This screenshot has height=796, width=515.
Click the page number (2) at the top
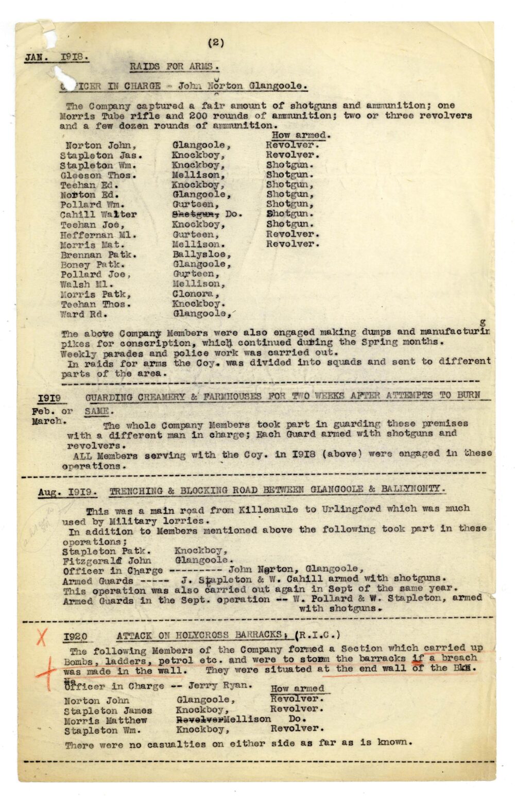pos(216,43)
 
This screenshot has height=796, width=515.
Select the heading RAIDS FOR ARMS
pos(174,66)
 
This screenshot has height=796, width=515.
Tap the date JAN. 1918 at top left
pos(56,57)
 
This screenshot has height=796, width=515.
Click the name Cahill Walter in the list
pos(98,215)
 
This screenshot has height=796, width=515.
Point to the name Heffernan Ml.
pos(98,235)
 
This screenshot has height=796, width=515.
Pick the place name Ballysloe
pos(201,255)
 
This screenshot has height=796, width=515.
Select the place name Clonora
pos(196,294)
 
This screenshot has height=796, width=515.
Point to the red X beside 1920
pos(41,638)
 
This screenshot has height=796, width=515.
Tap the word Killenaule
pos(268,510)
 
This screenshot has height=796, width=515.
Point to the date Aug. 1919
pos(66,492)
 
